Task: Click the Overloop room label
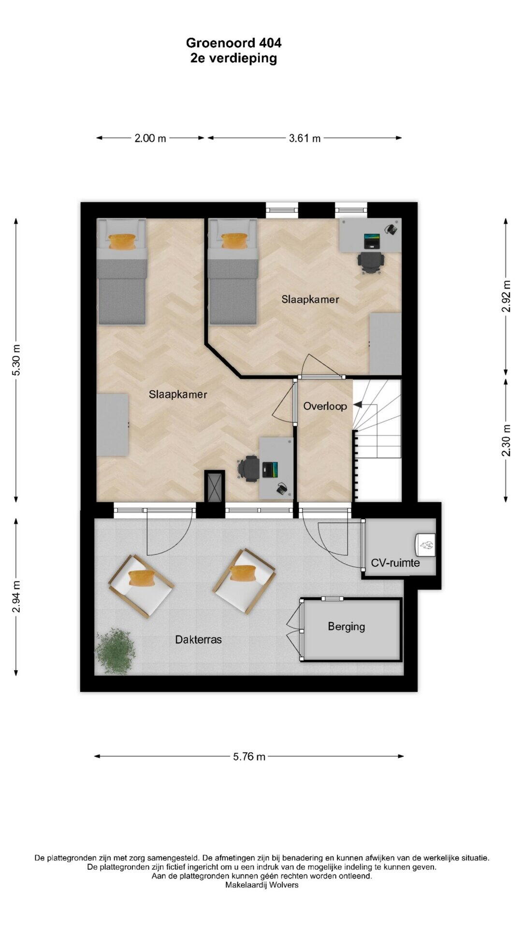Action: (x=325, y=406)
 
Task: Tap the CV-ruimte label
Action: (x=395, y=562)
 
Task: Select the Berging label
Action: (x=346, y=626)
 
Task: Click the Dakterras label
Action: (x=198, y=640)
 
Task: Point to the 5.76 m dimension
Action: (x=249, y=757)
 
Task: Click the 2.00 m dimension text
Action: (x=150, y=138)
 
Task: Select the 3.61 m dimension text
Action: (x=304, y=138)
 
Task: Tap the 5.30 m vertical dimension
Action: (x=16, y=360)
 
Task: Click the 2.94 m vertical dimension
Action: (x=16, y=597)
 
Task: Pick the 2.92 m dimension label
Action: (x=506, y=296)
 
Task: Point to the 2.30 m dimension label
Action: (x=506, y=440)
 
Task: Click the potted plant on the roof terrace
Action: (x=115, y=651)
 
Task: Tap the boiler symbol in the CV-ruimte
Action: (x=425, y=544)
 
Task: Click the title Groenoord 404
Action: (x=233, y=43)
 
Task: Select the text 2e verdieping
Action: (x=233, y=58)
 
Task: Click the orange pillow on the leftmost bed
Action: (x=122, y=241)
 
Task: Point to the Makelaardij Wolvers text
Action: (x=261, y=885)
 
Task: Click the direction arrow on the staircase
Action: (x=359, y=405)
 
